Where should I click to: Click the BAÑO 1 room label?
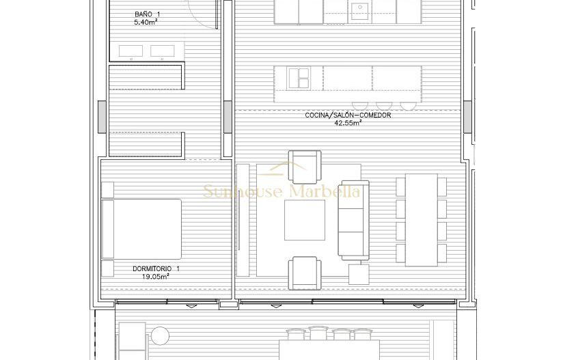(147, 14)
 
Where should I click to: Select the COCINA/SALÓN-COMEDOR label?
(348, 115)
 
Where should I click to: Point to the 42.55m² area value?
(348, 124)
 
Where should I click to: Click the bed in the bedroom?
(141, 229)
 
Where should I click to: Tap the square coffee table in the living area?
(305, 220)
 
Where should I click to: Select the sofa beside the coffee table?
(353, 220)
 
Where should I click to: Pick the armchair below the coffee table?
(304, 271)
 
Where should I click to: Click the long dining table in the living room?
(422, 220)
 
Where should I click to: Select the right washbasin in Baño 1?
(162, 51)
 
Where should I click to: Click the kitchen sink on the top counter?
(359, 10)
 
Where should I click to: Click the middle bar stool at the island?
(382, 105)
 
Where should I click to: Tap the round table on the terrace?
(160, 335)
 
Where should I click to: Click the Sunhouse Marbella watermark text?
(281, 191)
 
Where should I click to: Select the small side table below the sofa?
(359, 275)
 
